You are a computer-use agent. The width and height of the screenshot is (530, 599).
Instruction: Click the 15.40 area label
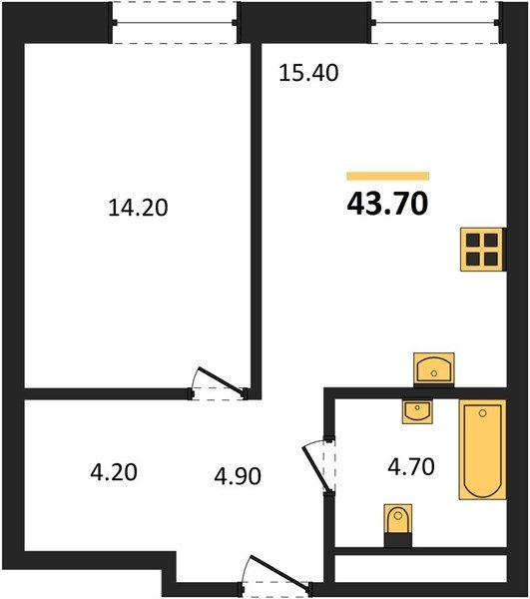pos(308,73)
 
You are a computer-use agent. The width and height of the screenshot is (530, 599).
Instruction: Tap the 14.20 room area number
pos(138,209)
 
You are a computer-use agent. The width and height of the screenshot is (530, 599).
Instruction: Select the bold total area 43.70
pos(387,204)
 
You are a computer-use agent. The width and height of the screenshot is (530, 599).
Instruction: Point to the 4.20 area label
pos(114,472)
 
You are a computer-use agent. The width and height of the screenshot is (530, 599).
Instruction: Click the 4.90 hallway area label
pos(238,476)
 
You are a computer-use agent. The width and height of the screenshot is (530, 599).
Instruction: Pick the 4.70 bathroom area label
pos(411,467)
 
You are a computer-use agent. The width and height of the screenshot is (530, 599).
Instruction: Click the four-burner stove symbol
pos(483,250)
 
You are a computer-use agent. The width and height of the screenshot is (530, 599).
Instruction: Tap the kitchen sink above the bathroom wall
pos(434,368)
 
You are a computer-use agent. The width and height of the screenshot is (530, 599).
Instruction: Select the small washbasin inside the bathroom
pos(417,411)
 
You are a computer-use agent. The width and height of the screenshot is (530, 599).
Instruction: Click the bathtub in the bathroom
pos(483,449)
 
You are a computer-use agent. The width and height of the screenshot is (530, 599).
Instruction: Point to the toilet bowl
pos(398,519)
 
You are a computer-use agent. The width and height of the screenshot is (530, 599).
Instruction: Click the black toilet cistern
pos(398,540)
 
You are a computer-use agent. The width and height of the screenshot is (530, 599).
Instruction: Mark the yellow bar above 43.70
pos(388,176)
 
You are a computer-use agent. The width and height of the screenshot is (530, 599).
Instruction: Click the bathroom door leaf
pos(315,468)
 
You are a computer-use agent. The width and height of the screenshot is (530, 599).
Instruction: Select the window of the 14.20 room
pos(175,23)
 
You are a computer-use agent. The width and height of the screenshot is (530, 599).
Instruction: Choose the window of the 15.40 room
pos(435,23)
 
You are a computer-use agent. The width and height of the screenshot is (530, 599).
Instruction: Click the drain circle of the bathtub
pos(483,413)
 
